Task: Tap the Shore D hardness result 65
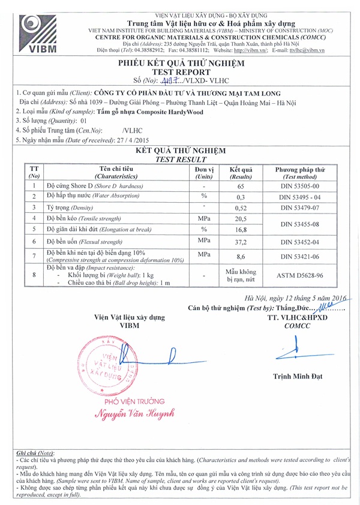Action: (241, 187)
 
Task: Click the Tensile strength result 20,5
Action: (241, 219)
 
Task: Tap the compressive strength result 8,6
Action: (241, 255)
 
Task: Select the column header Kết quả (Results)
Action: (241, 173)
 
